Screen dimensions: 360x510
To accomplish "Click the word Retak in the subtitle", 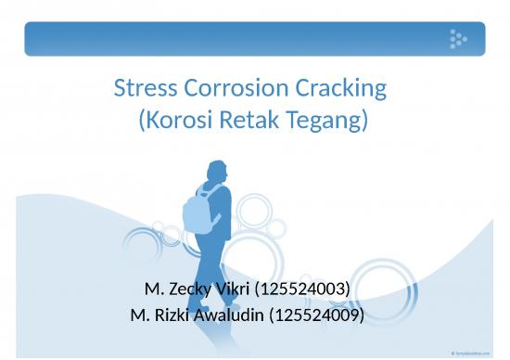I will pos(246,121).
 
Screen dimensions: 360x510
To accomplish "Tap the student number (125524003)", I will pos(301,289).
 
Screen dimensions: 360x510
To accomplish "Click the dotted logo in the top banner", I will pos(457,38).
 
